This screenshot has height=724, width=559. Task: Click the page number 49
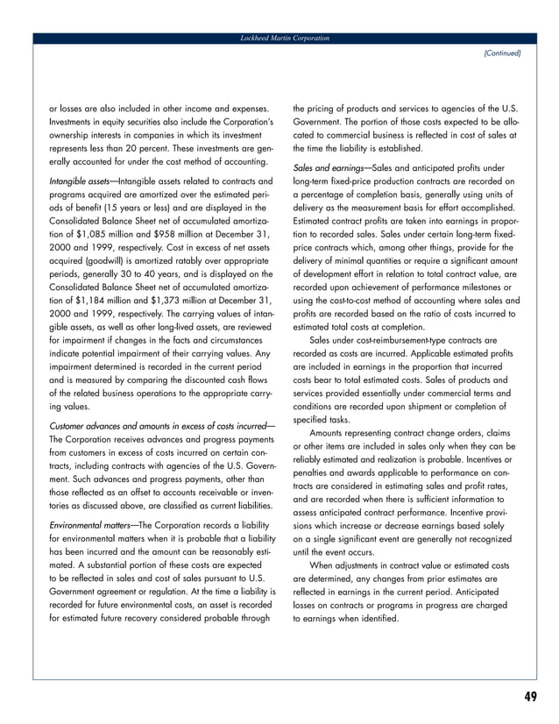[529, 697]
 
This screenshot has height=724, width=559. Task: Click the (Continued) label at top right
[501, 53]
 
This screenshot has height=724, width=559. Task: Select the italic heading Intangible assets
[79, 181]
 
